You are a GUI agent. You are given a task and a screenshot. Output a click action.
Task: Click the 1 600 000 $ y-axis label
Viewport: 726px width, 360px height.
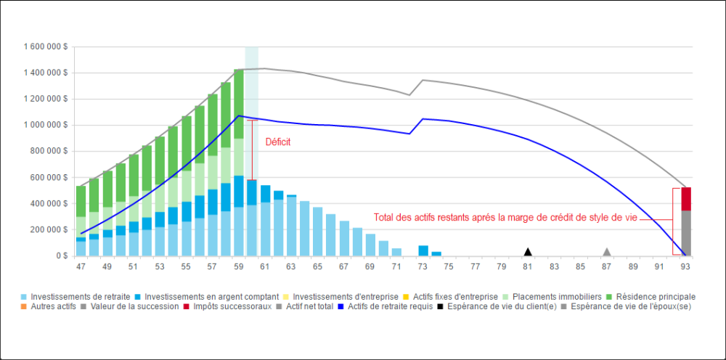click(x=46, y=46)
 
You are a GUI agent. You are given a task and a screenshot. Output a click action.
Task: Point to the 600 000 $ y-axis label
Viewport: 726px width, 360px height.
click(x=49, y=177)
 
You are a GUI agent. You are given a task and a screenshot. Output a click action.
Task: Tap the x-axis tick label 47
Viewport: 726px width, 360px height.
click(x=81, y=266)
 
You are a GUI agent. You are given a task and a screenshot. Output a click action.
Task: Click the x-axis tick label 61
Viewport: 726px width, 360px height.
click(x=265, y=266)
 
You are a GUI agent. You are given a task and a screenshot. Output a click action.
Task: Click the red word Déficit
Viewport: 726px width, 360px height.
click(x=277, y=142)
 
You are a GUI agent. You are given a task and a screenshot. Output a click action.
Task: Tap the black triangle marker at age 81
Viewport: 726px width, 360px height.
click(x=528, y=252)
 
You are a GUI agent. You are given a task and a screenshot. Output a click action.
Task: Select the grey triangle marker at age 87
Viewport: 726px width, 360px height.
click(x=606, y=252)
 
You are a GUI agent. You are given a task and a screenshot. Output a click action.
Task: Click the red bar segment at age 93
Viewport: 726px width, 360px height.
click(x=685, y=199)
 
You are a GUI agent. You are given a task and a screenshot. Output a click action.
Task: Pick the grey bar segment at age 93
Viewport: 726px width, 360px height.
click(x=685, y=232)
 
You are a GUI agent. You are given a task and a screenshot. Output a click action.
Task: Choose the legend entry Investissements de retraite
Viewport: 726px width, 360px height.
click(x=80, y=296)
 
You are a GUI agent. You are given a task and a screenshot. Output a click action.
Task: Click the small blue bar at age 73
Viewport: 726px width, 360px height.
click(x=423, y=250)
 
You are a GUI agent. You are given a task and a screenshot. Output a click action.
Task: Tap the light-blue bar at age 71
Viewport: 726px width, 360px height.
click(x=396, y=252)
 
